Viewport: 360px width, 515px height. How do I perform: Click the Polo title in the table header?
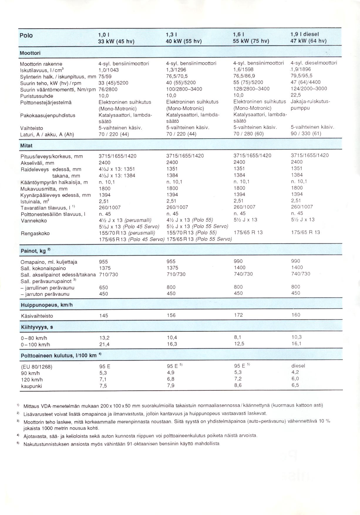pos(26,36)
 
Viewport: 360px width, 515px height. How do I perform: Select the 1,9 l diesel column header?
pos(308,37)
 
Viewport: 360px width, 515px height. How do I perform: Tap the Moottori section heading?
pos(30,53)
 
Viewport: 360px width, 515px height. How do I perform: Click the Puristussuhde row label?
pos(37,96)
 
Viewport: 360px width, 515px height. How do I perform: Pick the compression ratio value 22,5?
pos(296,95)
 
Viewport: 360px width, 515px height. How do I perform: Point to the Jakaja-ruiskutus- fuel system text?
pos(310,102)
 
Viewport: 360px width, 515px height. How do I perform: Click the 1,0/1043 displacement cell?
pos(109,70)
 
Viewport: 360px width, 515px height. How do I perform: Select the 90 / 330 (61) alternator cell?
pos(306,134)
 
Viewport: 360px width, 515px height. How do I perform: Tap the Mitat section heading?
pos(26,146)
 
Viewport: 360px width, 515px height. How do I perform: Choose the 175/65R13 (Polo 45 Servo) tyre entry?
pos(131,239)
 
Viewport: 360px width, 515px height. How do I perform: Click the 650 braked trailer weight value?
pos(104,287)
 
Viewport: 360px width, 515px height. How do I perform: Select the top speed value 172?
pos(238,315)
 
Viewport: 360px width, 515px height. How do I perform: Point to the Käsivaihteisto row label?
pos(37,316)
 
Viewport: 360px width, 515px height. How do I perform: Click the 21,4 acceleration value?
pos(105,344)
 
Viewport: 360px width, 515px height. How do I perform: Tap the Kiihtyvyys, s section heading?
pos(37,327)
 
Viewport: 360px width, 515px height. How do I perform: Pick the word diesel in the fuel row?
pos(298,366)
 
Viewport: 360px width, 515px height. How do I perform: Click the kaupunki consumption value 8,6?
pos(238,385)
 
